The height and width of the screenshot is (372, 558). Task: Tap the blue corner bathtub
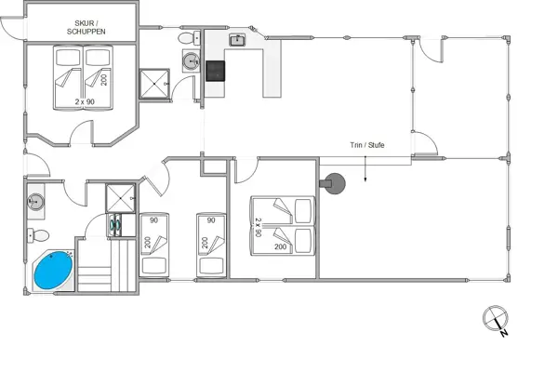[x=53, y=271]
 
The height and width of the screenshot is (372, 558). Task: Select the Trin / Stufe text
[x=367, y=145]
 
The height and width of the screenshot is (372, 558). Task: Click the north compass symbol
[x=493, y=319]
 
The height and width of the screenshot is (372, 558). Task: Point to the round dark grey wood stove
[x=333, y=182]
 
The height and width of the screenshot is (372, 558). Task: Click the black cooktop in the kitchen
[x=216, y=72]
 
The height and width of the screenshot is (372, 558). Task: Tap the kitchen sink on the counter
[x=236, y=40]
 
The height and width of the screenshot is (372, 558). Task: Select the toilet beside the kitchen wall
[x=189, y=38]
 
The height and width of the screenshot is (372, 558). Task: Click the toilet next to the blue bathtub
[x=32, y=234]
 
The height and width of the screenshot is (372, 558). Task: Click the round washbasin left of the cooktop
[x=191, y=61]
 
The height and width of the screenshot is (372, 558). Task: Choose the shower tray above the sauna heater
[x=121, y=198]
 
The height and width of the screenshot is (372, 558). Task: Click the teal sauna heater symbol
[x=116, y=224]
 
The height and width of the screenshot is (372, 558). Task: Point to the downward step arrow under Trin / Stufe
[x=367, y=166]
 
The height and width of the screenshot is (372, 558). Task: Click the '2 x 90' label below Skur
[x=86, y=100]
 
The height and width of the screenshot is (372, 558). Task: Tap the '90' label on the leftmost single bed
[x=156, y=220]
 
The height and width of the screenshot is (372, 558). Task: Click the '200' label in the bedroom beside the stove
[x=280, y=247]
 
